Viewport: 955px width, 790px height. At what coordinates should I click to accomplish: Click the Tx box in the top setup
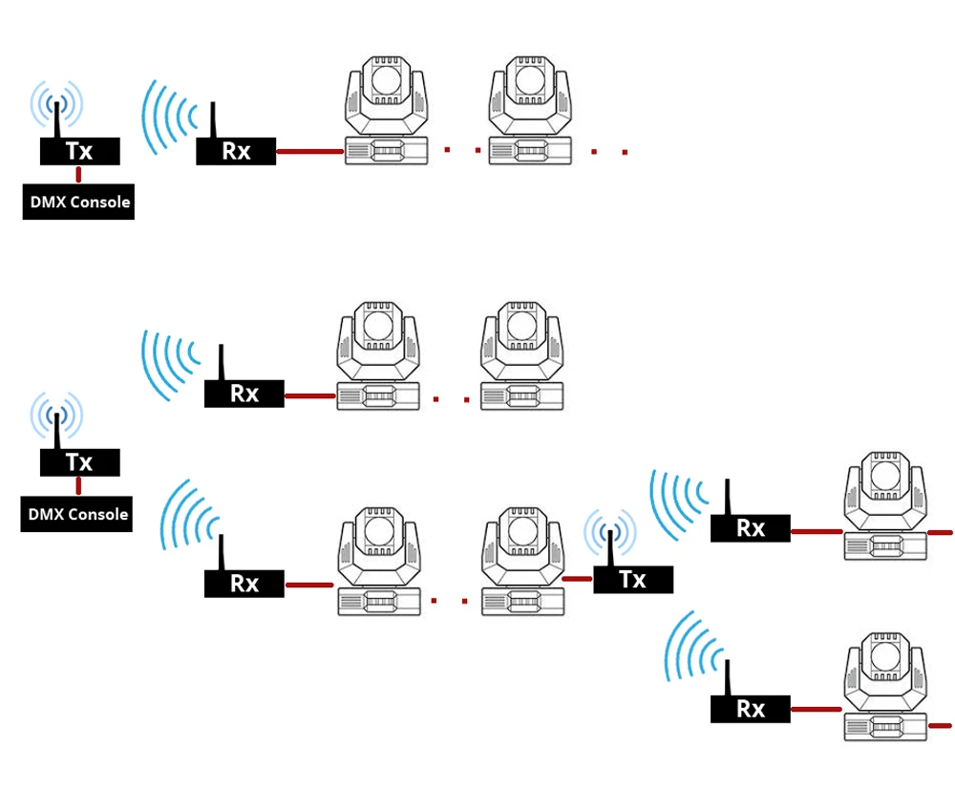click(79, 151)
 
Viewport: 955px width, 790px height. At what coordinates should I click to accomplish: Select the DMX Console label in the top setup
click(78, 203)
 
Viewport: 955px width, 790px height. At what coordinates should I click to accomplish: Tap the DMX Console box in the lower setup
click(76, 514)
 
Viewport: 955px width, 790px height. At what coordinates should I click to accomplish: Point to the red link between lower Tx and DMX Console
click(78, 485)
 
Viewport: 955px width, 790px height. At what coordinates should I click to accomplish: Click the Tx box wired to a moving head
click(633, 579)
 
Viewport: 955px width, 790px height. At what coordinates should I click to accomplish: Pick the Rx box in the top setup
click(236, 151)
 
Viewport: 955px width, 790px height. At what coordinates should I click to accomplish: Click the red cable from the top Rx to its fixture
click(309, 151)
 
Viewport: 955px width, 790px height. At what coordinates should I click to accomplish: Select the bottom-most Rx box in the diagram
click(751, 709)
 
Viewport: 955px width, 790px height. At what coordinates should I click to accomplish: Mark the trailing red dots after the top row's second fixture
click(609, 151)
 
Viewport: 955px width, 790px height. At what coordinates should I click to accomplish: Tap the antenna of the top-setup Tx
click(57, 117)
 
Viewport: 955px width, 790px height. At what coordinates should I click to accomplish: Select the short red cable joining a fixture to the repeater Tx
click(578, 579)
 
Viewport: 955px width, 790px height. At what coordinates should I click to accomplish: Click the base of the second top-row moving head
click(527, 149)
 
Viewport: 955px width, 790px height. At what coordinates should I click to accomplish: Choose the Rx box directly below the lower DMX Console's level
click(244, 583)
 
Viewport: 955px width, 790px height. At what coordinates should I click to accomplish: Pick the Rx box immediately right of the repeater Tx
click(751, 527)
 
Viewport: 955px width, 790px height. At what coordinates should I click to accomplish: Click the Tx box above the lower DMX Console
click(79, 462)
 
